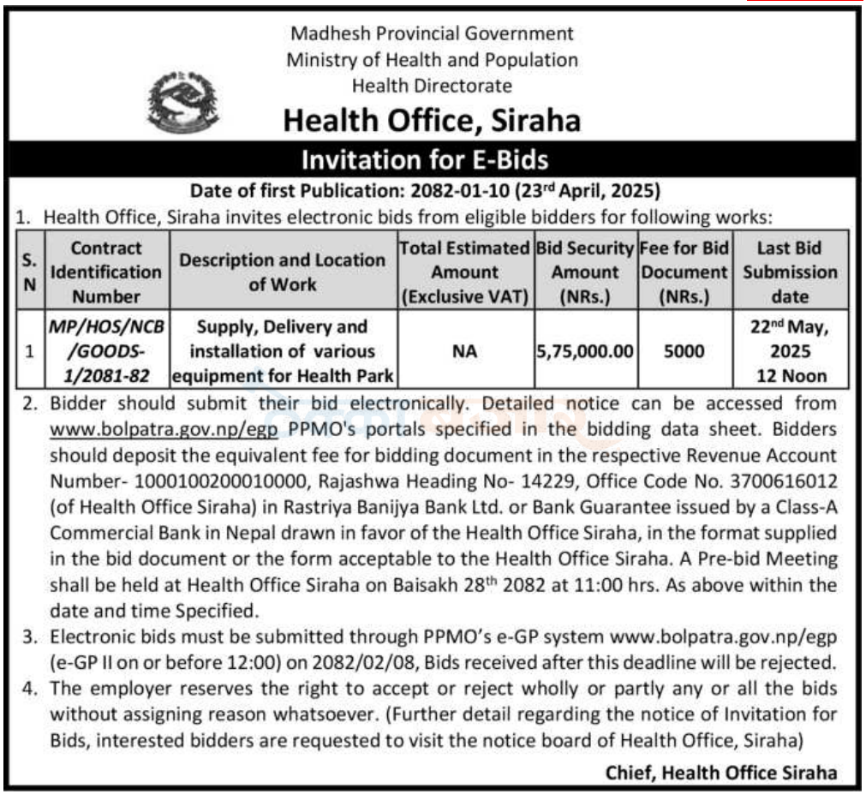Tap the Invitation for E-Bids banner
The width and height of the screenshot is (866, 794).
pos(432,160)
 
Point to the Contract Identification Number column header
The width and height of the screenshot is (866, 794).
pos(105,272)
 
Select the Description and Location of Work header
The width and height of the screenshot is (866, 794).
pos(283,272)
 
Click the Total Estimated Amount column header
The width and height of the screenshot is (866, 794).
pos(464,272)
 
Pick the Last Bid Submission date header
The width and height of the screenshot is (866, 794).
pos(789,272)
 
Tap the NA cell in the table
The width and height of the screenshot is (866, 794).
pos(464,351)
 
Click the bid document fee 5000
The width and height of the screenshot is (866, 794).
pos(684,351)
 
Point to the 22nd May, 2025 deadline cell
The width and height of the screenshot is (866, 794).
pos(789,351)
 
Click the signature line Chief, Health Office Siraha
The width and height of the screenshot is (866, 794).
pos(721,772)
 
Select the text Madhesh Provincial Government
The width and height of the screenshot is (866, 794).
pos(432,34)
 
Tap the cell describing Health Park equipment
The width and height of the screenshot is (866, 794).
pos(283,351)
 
